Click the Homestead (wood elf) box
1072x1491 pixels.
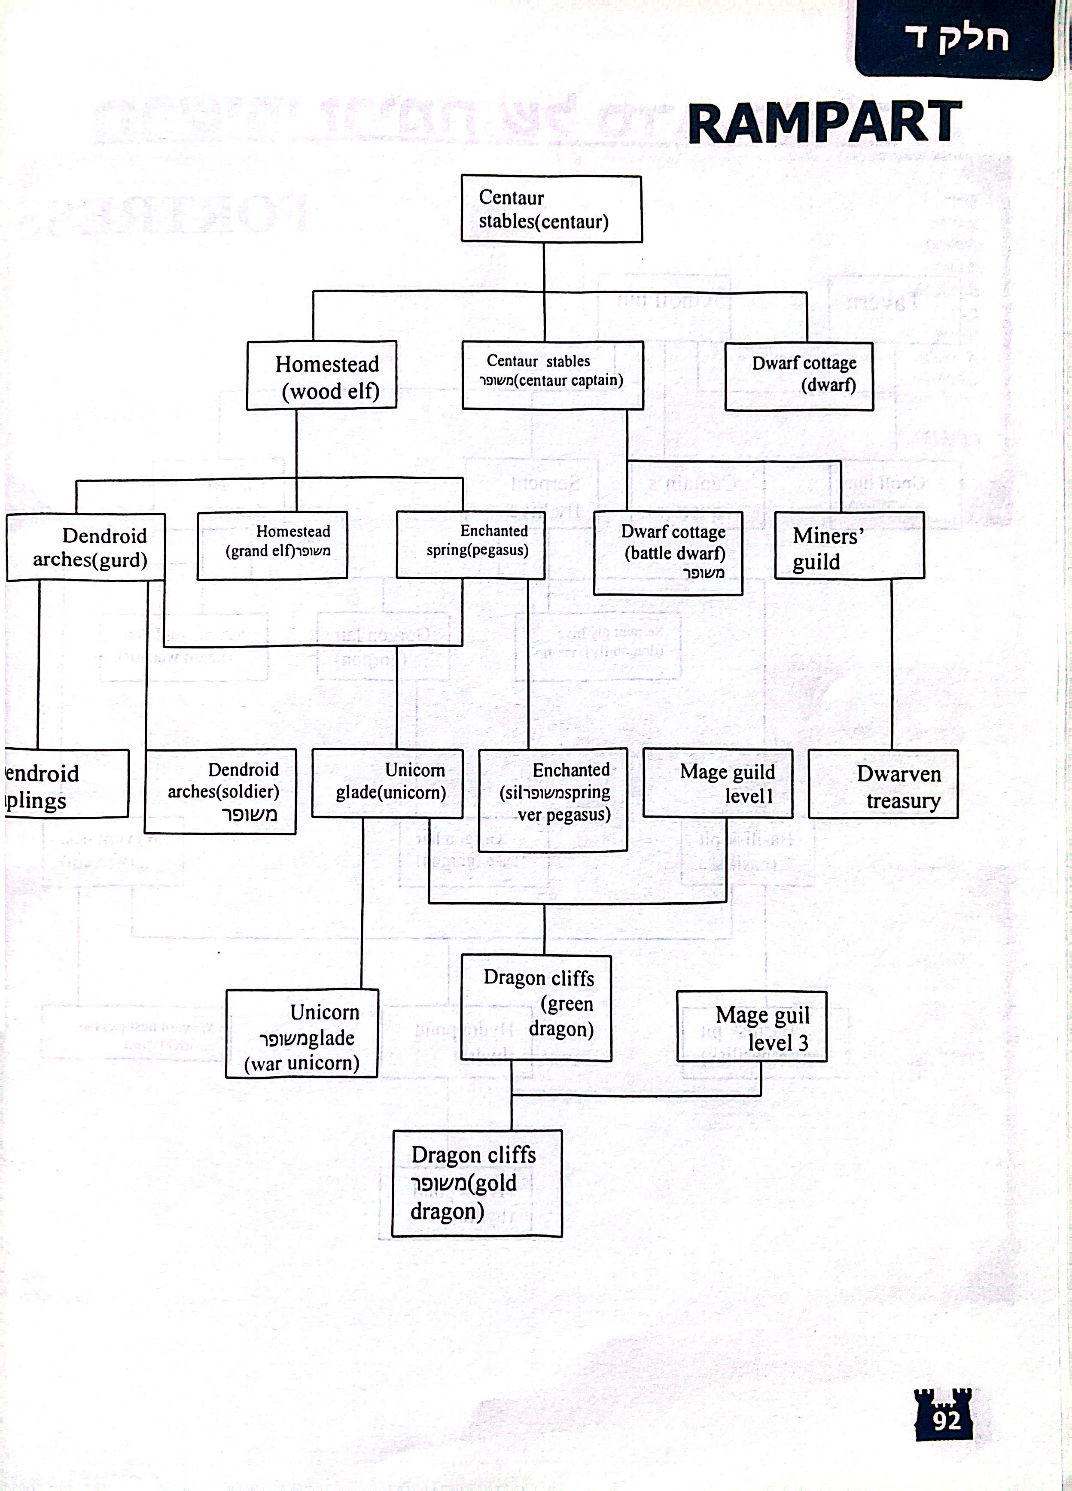(322, 375)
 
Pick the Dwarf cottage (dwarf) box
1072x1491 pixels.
(799, 376)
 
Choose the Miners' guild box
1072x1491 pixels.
(849, 546)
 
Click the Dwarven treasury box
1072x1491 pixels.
(883, 784)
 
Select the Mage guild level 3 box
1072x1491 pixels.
(752, 1027)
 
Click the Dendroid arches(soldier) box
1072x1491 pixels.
(220, 791)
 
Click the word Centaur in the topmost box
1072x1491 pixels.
(512, 197)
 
